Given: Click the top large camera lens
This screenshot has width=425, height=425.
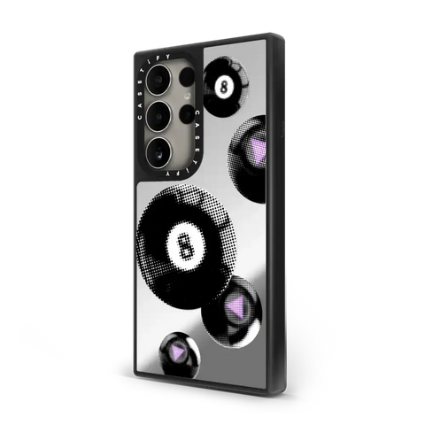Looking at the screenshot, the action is click(159, 81).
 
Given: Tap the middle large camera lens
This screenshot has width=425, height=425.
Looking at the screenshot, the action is click(159, 117).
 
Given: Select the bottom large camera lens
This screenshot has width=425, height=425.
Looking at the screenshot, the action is click(159, 152).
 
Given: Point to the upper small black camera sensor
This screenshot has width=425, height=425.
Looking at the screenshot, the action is click(187, 78).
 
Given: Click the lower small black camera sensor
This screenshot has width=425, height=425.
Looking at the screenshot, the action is click(187, 113).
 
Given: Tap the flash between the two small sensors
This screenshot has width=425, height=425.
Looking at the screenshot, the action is click(188, 96).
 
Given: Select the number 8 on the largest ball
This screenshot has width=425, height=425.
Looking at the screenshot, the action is click(183, 245).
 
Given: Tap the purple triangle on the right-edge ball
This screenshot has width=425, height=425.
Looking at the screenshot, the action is click(259, 149).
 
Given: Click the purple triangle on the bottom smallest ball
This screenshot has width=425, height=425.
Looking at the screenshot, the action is click(178, 351).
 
